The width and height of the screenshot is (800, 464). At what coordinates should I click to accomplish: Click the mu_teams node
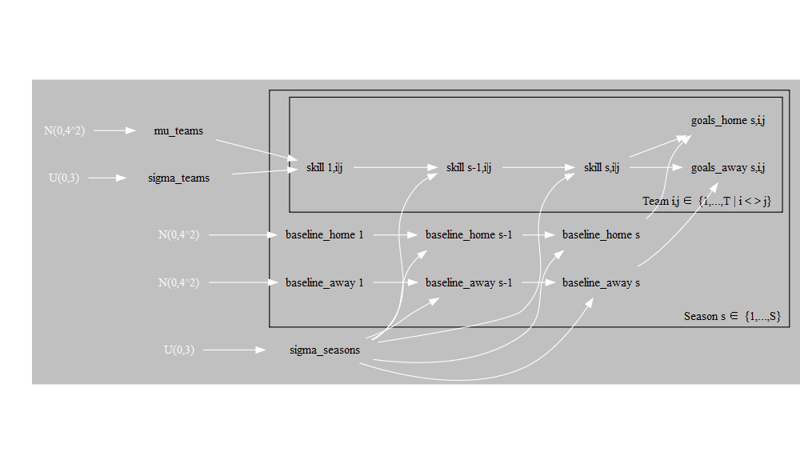coord(178,130)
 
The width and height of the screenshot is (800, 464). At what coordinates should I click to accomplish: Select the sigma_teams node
coord(179,178)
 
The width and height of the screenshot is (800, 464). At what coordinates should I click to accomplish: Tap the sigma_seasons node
coord(324,350)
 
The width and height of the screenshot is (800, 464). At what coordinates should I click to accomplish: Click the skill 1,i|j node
coord(324,167)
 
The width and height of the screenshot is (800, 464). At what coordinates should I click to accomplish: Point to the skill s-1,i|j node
coord(469,167)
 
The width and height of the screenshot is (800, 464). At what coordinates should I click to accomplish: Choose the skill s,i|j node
coord(602,167)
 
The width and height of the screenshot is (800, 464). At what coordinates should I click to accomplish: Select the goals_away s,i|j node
coord(729,167)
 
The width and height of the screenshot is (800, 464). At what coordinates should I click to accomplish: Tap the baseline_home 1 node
coord(324,234)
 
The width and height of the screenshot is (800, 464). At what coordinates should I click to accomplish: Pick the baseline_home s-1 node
coord(469,234)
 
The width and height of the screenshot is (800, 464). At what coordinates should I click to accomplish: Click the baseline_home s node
coord(601,234)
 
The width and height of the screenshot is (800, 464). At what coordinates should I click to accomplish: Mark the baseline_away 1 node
coord(324,282)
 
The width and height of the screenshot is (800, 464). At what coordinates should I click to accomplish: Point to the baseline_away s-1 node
coord(469,282)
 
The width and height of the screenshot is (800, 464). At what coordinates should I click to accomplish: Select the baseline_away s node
coord(601,282)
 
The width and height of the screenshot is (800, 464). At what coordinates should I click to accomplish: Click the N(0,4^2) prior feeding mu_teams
coord(64,130)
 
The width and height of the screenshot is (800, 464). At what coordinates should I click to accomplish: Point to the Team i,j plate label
coord(706,201)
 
